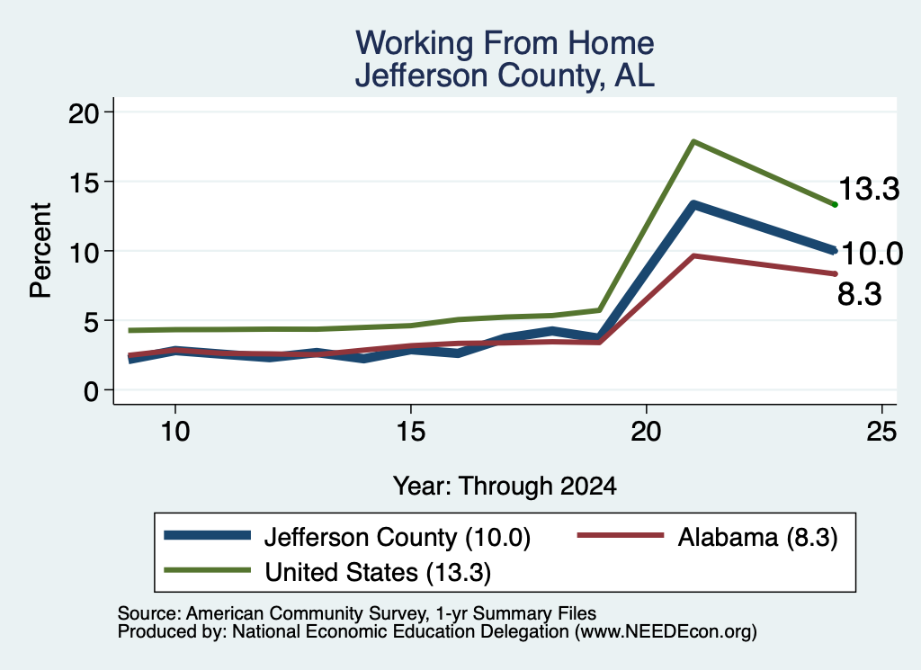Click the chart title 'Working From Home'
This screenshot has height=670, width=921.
[x=505, y=43]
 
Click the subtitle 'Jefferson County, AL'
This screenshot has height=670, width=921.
[x=505, y=76]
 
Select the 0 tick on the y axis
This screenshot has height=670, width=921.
[x=91, y=391]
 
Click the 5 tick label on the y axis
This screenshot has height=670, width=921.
[x=91, y=321]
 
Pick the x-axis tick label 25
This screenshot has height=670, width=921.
[x=881, y=432]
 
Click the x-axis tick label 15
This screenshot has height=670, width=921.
[x=410, y=432]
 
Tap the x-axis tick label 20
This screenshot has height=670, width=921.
[x=646, y=432]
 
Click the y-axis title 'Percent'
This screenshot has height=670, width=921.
[x=41, y=250]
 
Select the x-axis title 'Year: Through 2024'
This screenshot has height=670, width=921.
[x=505, y=487]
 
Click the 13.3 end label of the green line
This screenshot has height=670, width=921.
[x=869, y=189]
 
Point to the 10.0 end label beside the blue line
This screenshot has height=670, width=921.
[x=872, y=254]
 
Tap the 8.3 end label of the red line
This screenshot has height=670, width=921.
[x=859, y=293]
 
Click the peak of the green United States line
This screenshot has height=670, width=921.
[x=693, y=141]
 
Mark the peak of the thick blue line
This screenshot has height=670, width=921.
[x=693, y=205]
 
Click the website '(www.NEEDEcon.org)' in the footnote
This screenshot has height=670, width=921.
[x=666, y=631]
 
